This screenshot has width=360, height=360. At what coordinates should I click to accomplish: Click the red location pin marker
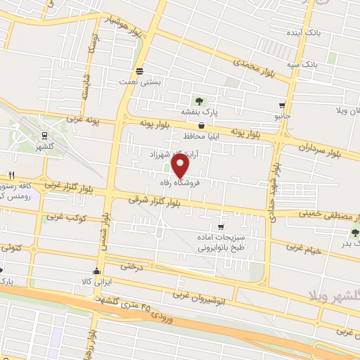(181, 165)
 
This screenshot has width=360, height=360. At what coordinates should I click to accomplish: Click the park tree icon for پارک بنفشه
(199, 101)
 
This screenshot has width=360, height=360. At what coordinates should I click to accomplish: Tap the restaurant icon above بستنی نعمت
(139, 71)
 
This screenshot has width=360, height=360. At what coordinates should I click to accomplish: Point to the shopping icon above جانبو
(282, 104)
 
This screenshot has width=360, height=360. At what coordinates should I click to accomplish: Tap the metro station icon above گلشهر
(45, 135)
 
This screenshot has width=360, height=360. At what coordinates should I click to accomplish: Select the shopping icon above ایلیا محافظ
(201, 124)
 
